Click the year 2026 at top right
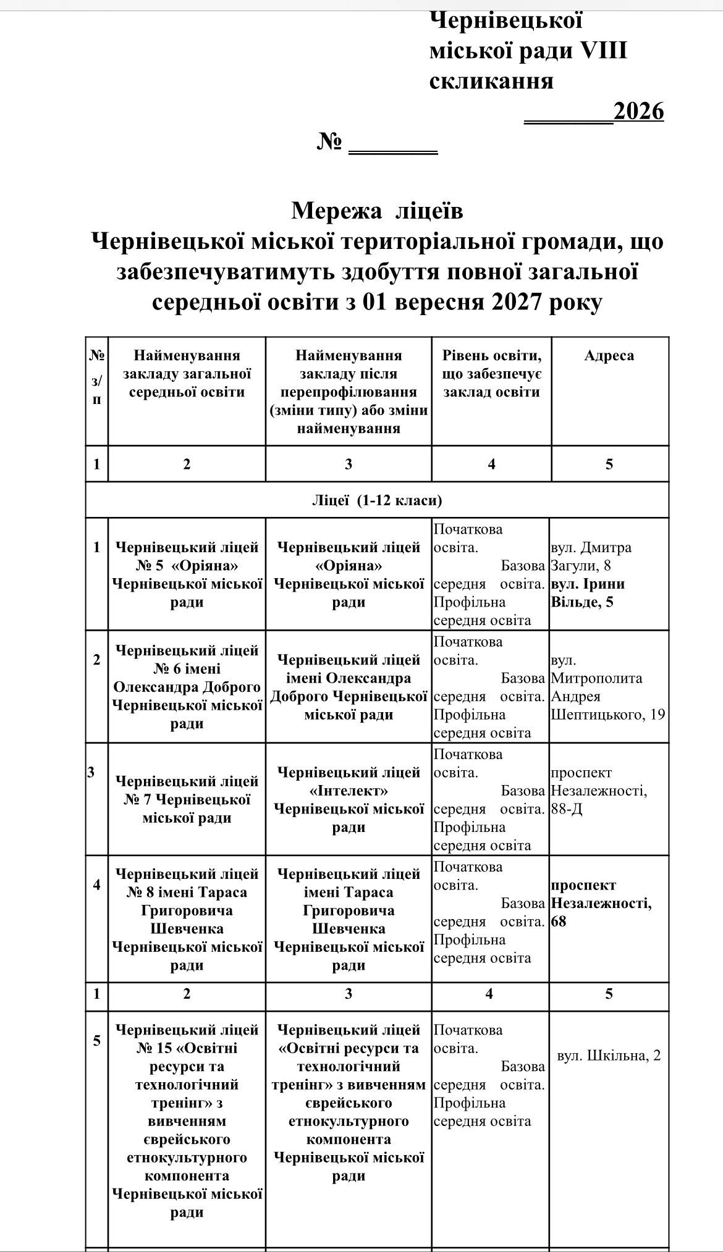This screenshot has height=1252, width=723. click(638, 112)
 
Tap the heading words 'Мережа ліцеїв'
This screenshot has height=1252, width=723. click(377, 211)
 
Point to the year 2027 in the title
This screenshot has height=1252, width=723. click(513, 303)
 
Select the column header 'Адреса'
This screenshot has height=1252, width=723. click(609, 356)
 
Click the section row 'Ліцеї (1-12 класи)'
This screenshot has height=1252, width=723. click(377, 500)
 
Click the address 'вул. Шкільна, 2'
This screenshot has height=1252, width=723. click(609, 1056)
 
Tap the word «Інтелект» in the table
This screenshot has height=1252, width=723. click(349, 791)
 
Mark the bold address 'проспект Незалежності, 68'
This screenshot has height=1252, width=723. click(601, 903)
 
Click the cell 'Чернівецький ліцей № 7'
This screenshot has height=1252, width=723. click(187, 799)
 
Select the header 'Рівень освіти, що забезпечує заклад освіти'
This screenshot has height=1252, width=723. click(491, 374)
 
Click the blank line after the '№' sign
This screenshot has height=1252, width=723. click(393, 146)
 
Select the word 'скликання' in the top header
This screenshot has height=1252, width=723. click(491, 81)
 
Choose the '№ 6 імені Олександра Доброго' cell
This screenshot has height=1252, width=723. click(187, 687)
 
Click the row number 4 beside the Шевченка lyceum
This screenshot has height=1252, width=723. click(96, 884)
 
